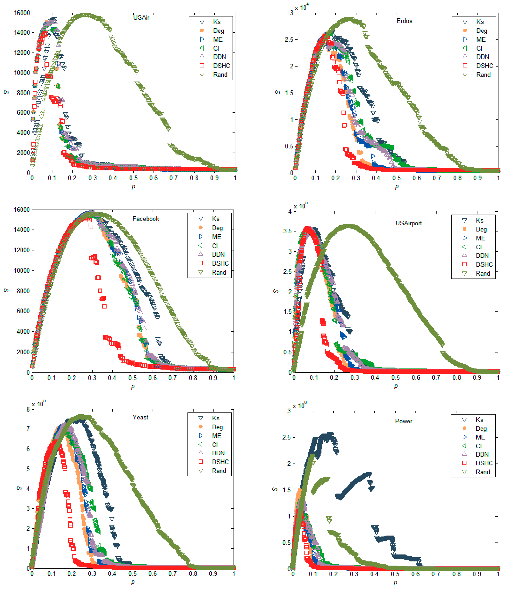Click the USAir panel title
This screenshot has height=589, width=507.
(x=141, y=18)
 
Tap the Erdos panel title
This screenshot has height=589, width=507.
(x=404, y=21)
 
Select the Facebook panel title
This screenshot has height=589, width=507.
(x=146, y=219)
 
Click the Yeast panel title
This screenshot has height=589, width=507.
(x=140, y=417)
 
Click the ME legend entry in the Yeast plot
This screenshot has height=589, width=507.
(x=216, y=436)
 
